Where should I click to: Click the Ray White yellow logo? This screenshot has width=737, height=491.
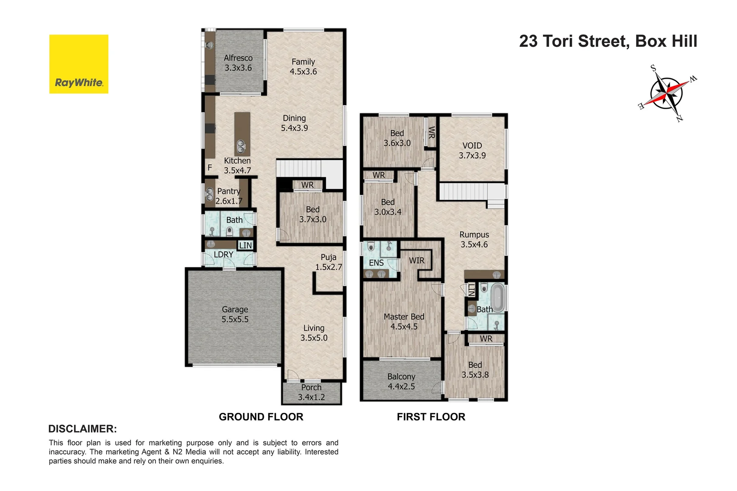79,64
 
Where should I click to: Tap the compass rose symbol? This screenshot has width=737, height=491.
666,93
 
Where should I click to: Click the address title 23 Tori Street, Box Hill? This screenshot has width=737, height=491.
608,41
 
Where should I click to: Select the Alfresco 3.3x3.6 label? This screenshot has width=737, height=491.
238,63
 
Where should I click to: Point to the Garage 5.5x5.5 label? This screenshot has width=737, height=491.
235,314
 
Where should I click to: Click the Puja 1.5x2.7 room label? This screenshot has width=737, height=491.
328,262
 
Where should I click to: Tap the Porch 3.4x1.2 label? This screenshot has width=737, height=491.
311,392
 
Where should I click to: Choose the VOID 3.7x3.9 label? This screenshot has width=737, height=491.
472,150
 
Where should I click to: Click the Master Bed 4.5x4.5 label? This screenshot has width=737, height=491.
404,321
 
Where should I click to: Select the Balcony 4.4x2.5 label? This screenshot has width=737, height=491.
401,381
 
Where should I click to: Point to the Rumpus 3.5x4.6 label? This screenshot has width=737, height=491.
474,240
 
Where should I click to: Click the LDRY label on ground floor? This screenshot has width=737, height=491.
223,255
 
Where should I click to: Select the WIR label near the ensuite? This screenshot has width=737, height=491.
416,261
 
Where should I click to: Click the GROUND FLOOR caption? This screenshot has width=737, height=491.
261,417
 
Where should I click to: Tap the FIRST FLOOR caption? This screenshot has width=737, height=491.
431,417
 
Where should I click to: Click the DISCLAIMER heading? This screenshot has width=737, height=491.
82,429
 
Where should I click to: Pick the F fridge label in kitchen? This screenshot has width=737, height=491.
210,168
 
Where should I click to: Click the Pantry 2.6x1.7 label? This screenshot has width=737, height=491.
228,196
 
